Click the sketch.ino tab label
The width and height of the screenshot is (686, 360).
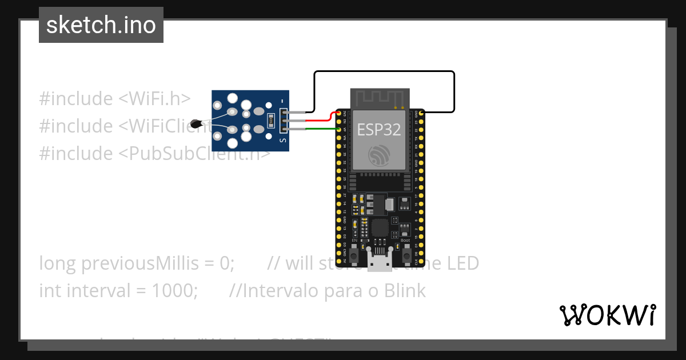coord(101,25)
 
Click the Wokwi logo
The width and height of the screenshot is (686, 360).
coord(607,315)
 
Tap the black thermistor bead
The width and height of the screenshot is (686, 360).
coord(196,123)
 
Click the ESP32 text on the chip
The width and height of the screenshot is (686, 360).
coord(379,129)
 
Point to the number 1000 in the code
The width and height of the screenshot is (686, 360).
coord(174,291)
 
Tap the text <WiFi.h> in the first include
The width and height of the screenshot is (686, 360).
coord(154,98)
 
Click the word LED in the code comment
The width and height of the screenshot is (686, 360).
coord(462,263)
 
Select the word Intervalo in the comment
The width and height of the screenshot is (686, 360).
coord(278,291)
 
